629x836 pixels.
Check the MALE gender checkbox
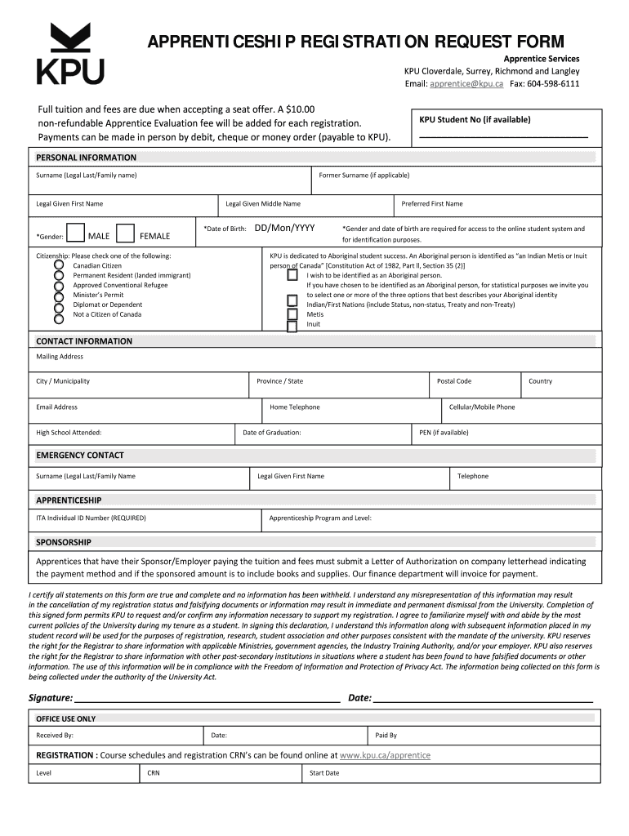point(75,234)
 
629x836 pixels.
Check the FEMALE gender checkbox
point(126,234)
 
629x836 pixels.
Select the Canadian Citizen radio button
point(59,265)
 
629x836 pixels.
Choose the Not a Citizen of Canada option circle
point(59,314)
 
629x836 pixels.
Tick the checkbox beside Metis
point(292,314)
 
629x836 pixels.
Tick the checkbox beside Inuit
point(292,327)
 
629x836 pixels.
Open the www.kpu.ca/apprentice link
point(385,755)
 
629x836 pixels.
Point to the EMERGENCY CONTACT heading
point(80,455)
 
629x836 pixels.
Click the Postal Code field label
point(454,381)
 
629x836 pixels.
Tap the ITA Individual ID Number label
point(91,518)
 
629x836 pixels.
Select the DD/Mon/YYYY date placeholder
point(285,229)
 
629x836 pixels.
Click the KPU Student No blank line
point(503,135)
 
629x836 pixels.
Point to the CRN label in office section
point(154,772)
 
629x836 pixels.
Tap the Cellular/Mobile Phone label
point(482,407)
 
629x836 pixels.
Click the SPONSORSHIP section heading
point(64,542)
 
